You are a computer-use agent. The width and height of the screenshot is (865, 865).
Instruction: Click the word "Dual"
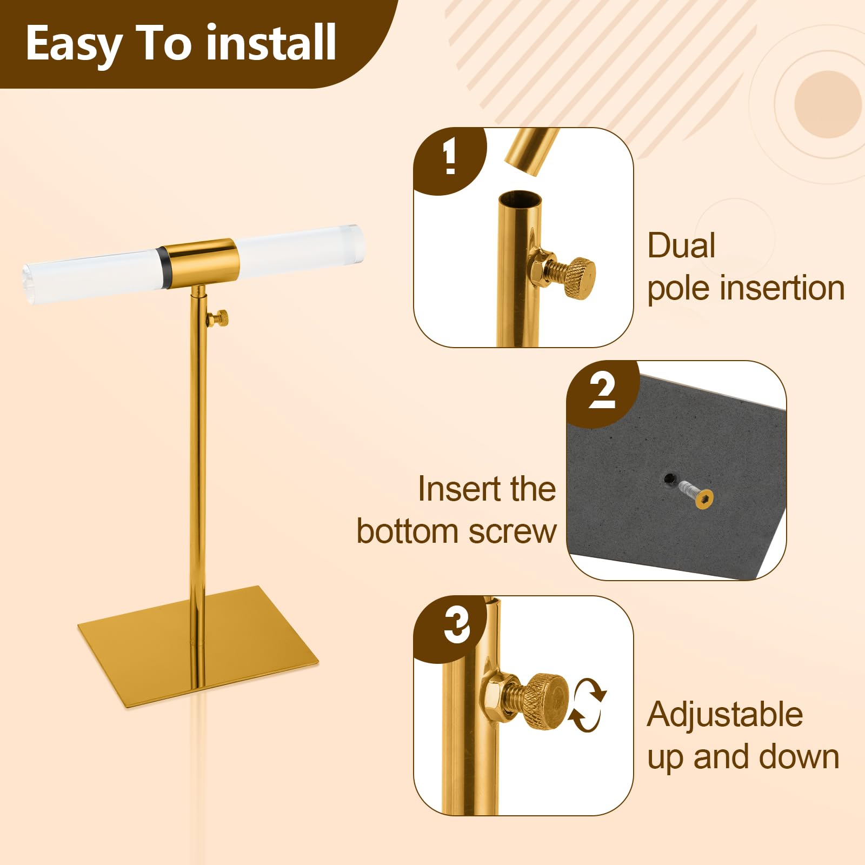681,245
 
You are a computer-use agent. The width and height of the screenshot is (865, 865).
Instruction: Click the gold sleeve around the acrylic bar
201,264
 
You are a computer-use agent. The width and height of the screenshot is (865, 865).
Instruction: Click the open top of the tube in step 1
520,198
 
